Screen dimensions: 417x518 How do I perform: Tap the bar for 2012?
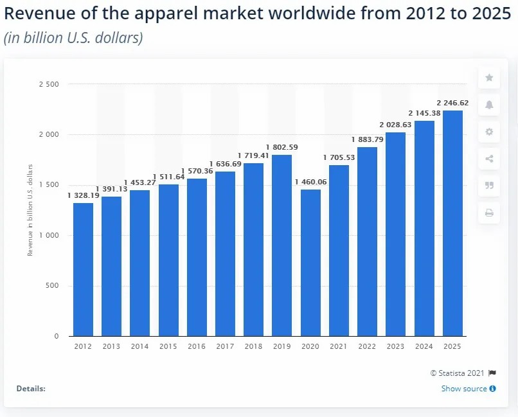[83, 269]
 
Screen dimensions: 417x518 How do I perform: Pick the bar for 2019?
[282, 245]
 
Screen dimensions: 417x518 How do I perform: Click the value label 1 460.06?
[310, 182]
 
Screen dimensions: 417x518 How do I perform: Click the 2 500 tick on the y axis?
[49, 84]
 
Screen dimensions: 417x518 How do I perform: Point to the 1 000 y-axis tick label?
[49, 236]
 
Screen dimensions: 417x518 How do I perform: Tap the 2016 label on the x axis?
[197, 346]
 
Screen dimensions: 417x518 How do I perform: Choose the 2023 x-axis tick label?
[395, 346]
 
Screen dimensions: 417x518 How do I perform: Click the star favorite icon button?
[489, 78]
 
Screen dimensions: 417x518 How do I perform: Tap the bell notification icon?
[489, 105]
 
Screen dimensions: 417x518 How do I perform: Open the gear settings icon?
[489, 132]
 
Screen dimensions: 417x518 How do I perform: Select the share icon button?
[489, 159]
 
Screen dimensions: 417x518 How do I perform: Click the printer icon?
[489, 213]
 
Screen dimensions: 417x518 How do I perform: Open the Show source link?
[465, 389]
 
